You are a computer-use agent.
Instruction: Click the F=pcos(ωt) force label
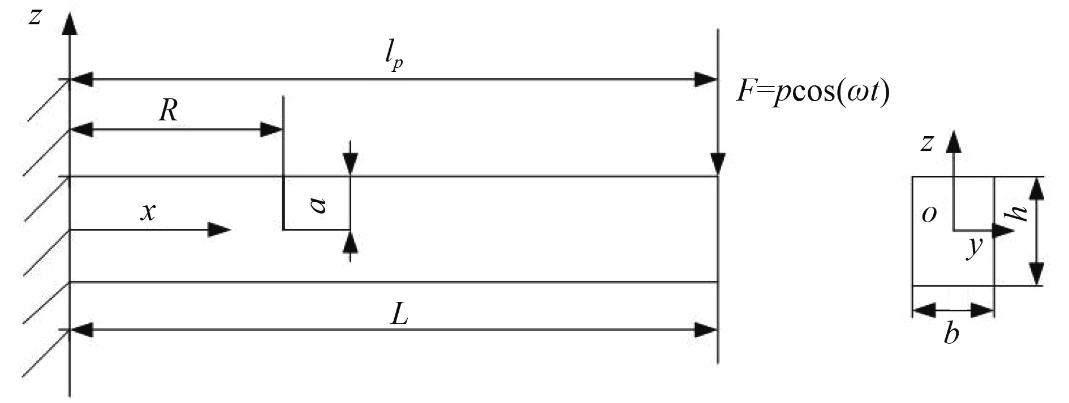(813, 91)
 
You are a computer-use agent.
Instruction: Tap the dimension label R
(169, 111)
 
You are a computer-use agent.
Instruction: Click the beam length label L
(399, 315)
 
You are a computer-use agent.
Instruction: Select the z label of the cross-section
(926, 144)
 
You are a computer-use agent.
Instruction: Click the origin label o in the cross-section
(928, 214)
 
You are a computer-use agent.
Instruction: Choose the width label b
(952, 334)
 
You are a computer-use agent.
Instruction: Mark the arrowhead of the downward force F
(718, 165)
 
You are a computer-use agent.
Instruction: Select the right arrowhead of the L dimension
(707, 330)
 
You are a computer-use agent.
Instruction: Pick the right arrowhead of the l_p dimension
(707, 80)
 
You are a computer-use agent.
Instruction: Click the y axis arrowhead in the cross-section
(1004, 231)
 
